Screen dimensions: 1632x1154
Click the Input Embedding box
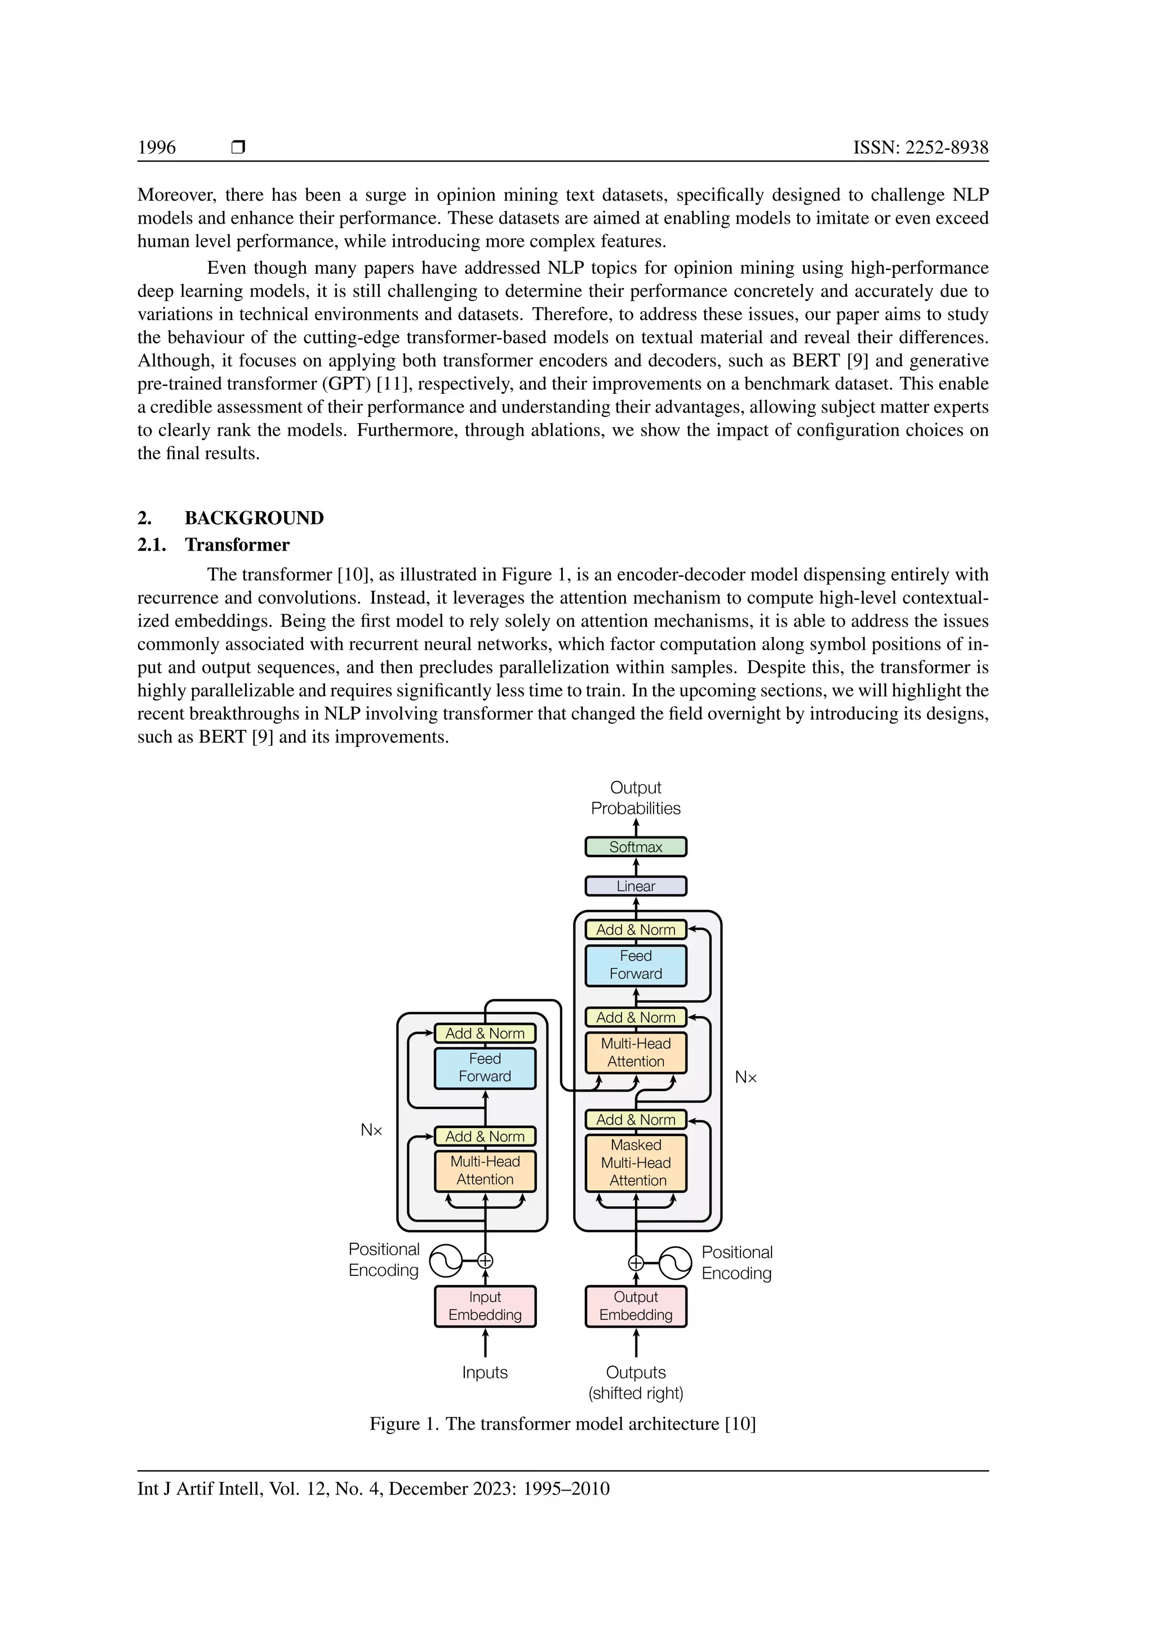point(485,1306)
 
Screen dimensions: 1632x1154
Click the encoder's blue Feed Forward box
point(485,1068)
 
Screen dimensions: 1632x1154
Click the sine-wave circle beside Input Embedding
point(446,1261)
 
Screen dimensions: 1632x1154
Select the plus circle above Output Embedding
point(636,1263)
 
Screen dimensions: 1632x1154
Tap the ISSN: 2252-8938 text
point(920,147)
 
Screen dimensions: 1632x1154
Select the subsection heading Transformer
point(237,544)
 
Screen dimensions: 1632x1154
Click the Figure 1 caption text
point(562,1423)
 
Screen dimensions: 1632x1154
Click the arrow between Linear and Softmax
point(636,867)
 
